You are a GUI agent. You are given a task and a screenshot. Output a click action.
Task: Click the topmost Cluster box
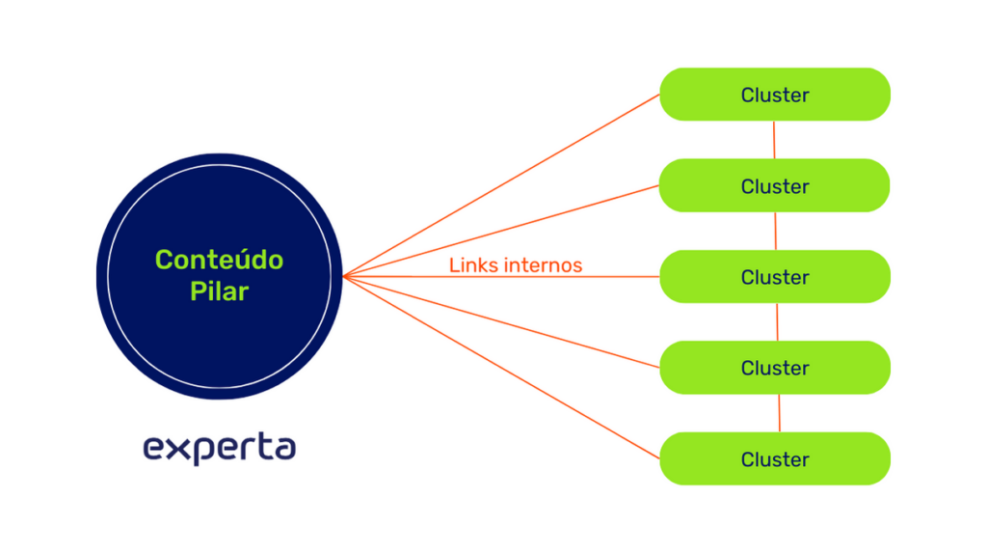pyautogui.click(x=774, y=95)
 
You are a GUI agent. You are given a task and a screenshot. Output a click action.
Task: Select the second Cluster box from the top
pyautogui.click(x=774, y=185)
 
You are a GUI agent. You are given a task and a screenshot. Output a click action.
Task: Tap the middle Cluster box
pyautogui.click(x=774, y=277)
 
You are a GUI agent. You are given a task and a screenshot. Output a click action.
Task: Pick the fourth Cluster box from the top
pyautogui.click(x=774, y=368)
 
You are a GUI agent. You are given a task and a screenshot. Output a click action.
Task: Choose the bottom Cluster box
pyautogui.click(x=774, y=459)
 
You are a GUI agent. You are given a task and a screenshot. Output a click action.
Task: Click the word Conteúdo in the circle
pyautogui.click(x=219, y=260)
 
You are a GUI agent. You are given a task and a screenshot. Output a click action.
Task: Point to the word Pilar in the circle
pyautogui.click(x=219, y=291)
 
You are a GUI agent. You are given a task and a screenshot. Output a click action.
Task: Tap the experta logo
pyautogui.click(x=219, y=448)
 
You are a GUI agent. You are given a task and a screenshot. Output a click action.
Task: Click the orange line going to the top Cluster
pyautogui.click(x=501, y=185)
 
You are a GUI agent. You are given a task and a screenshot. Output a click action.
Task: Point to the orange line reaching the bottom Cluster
pyautogui.click(x=501, y=368)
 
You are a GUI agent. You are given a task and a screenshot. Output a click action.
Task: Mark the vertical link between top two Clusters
pyautogui.click(x=775, y=140)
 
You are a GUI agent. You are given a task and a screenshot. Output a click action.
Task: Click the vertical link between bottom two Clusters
pyautogui.click(x=779, y=413)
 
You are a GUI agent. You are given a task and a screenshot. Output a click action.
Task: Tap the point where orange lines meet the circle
pyautogui.click(x=344, y=277)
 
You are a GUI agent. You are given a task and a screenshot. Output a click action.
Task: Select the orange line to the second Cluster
pyautogui.click(x=501, y=231)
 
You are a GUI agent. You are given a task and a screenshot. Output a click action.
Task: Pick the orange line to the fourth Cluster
pyautogui.click(x=501, y=322)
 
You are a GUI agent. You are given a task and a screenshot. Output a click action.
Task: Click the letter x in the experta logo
pyautogui.click(x=171, y=449)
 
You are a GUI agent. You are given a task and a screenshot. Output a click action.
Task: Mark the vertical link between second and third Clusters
pyautogui.click(x=776, y=231)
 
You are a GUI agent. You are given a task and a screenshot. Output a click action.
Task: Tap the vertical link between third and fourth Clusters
pyautogui.click(x=778, y=322)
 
